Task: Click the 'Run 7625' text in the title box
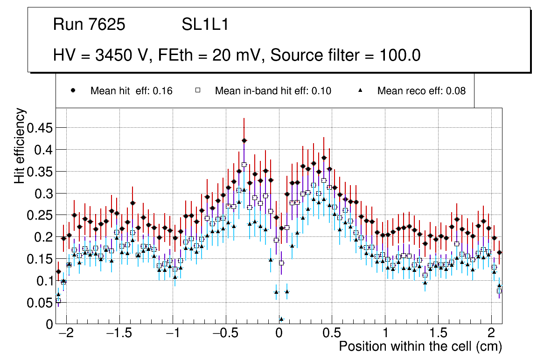(89, 25)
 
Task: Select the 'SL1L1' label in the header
(205, 25)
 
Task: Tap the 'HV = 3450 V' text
(100, 55)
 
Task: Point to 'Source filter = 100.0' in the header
(346, 55)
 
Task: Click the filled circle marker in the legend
(73, 91)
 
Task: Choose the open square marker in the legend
(197, 91)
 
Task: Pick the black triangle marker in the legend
(360, 91)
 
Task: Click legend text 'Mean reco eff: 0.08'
(421, 91)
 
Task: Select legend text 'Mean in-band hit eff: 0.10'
(273, 91)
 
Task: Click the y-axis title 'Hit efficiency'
(20, 145)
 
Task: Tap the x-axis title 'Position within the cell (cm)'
(420, 346)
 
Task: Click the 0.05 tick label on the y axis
(40, 302)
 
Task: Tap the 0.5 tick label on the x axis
(332, 334)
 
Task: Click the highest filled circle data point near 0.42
(244, 140)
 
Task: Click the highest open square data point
(244, 165)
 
